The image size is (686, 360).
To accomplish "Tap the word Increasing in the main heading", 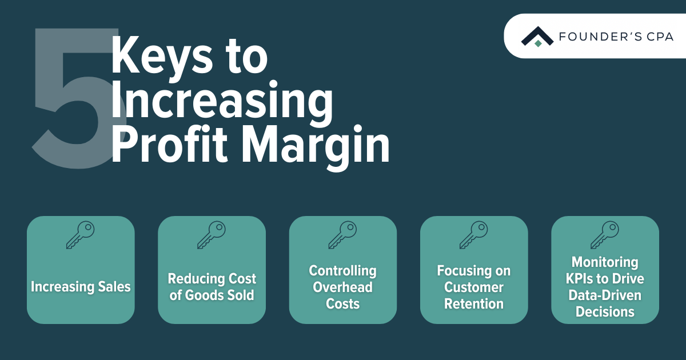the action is [222, 102].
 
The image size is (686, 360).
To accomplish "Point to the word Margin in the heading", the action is [316, 147].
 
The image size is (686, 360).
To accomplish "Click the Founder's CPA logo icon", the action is [537, 37].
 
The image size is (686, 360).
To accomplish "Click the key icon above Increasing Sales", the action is [81, 235].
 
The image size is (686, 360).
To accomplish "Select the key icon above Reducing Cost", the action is [212, 235].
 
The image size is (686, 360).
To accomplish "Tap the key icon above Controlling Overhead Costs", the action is [342, 235].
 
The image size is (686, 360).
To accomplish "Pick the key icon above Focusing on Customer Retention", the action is [474, 235].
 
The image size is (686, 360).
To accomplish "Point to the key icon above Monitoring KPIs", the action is [605, 235].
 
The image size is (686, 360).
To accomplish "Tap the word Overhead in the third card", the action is [342, 287].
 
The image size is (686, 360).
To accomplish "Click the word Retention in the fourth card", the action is [474, 303].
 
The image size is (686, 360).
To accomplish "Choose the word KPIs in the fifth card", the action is [580, 279].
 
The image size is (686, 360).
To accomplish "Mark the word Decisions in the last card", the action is [605, 312].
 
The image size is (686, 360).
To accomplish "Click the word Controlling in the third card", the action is [342, 271].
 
